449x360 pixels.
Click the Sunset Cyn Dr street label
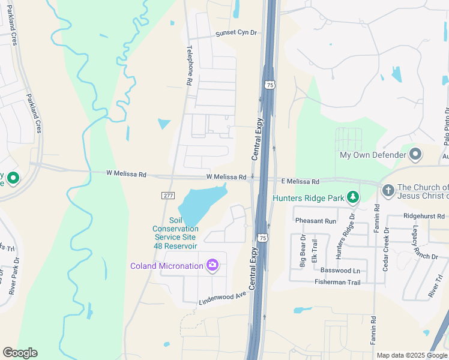237,34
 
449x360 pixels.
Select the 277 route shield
168,196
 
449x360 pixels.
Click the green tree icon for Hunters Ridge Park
354,197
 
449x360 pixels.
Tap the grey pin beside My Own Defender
415,155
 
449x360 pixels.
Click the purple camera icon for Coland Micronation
212,265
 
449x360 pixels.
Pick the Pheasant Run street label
321,221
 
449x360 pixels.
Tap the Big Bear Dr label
303,251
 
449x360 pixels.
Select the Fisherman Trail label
337,282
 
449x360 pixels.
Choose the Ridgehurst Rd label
424,215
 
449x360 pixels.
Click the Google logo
20,353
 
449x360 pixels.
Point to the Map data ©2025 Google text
411,355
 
